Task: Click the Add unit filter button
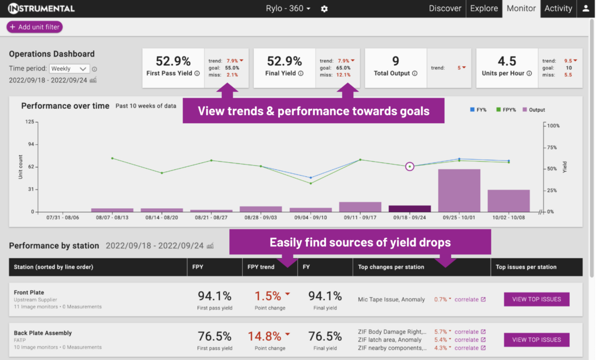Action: tap(34, 27)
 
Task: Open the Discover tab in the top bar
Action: tap(445, 8)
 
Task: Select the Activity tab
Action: tap(558, 8)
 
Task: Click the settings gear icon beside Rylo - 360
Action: tap(324, 9)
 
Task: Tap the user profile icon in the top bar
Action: tap(586, 9)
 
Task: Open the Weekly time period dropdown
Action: tap(69, 69)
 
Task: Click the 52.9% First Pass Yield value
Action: tap(173, 61)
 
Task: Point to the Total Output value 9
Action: tap(395, 61)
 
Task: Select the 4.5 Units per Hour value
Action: tap(507, 61)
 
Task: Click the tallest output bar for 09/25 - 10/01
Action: tap(459, 190)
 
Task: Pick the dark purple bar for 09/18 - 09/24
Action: tap(409, 208)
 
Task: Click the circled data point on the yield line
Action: tap(410, 166)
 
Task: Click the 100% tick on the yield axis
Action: tap(553, 126)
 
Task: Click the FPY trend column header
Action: tap(261, 267)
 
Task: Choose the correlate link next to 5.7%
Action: tap(466, 332)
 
